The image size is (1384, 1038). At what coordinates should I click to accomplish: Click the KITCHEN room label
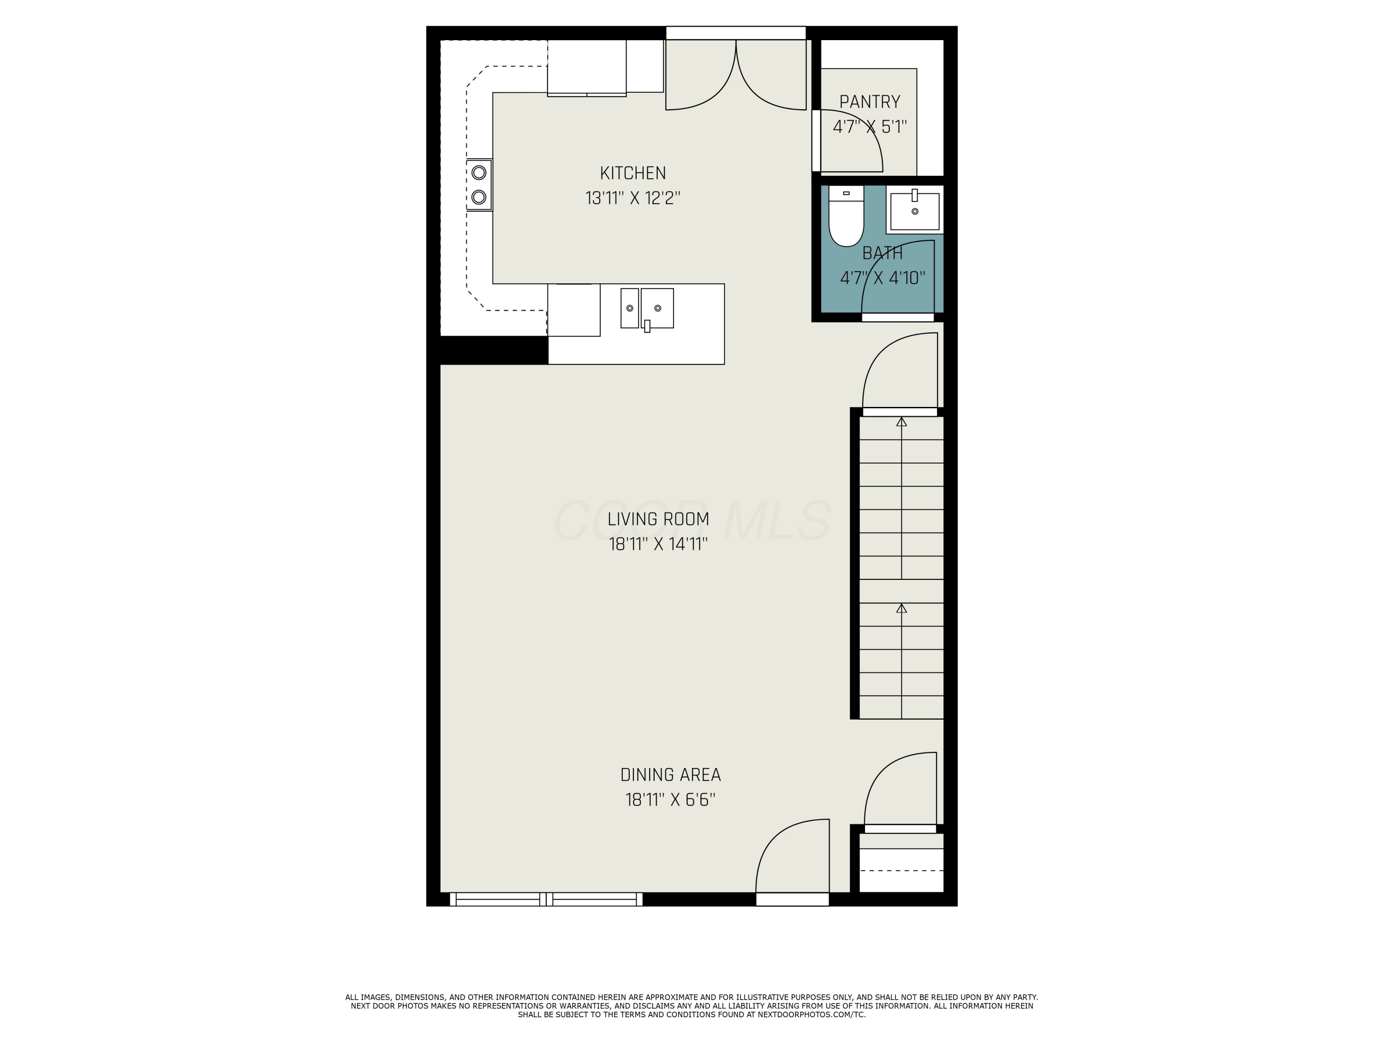point(632,173)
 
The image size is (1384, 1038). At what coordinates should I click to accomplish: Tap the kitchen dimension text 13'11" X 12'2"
point(632,198)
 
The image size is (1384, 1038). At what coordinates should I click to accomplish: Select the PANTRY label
point(869,102)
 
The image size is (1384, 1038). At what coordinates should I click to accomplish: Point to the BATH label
point(882,253)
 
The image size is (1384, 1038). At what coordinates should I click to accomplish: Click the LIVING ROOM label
point(658,519)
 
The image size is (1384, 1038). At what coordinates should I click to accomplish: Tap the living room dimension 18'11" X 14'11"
point(658,544)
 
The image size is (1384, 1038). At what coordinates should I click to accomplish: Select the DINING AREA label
point(670,775)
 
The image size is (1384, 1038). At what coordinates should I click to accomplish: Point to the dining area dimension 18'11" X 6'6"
point(670,800)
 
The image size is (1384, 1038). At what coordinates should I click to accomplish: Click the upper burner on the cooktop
point(479,172)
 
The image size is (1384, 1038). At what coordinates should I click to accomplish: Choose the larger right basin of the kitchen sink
point(657,308)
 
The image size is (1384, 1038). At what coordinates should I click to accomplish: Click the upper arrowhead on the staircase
point(901,422)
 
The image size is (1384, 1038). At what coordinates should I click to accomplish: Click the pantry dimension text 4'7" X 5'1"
point(869,127)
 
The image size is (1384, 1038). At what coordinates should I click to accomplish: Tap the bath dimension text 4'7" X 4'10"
point(882,279)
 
